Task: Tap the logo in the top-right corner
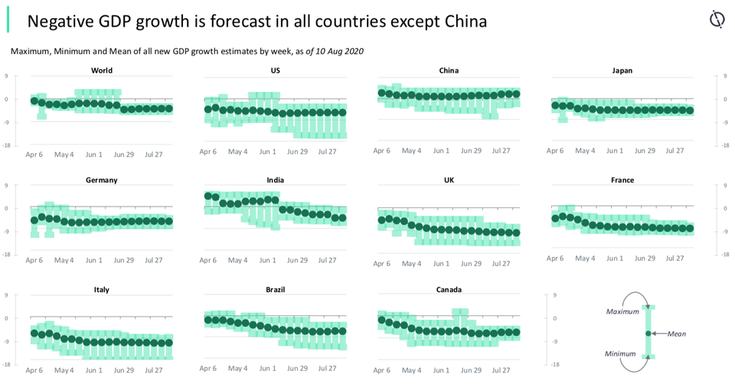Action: click(x=717, y=19)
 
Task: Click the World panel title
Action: click(x=101, y=70)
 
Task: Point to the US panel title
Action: click(x=276, y=70)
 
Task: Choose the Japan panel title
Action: click(x=622, y=70)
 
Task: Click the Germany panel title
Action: click(x=101, y=181)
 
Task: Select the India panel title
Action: click(x=276, y=181)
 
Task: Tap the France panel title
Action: click(x=622, y=181)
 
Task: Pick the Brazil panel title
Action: click(x=276, y=290)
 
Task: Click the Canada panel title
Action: click(x=449, y=290)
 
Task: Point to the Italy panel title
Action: click(x=101, y=290)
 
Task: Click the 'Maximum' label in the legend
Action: click(x=622, y=312)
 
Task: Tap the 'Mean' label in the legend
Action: click(x=677, y=334)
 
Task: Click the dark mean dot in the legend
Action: click(x=648, y=334)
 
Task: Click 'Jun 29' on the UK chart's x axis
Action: click(x=471, y=264)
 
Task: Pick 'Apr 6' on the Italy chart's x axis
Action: click(x=34, y=370)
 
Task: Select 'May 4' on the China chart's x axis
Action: click(x=412, y=151)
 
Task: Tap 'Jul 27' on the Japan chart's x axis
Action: click(x=675, y=151)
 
